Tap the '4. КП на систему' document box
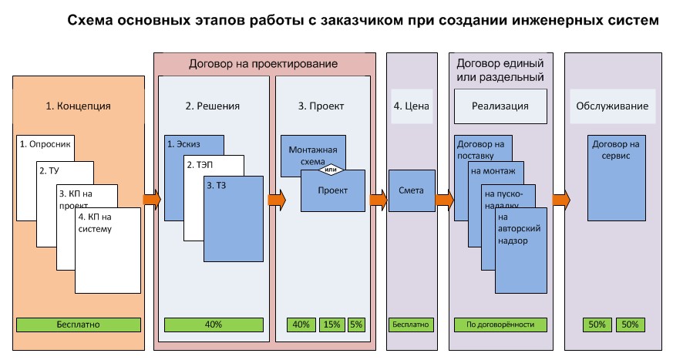click(x=108, y=254)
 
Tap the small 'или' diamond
click(x=331, y=170)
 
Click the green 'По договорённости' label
click(x=500, y=325)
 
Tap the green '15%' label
click(x=331, y=325)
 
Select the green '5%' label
click(x=357, y=325)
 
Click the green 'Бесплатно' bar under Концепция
click(x=79, y=325)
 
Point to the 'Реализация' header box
click(x=500, y=106)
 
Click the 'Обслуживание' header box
click(x=612, y=106)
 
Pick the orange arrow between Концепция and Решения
click(x=151, y=200)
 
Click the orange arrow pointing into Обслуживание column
click(x=560, y=200)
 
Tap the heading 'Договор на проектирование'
click(x=264, y=63)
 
